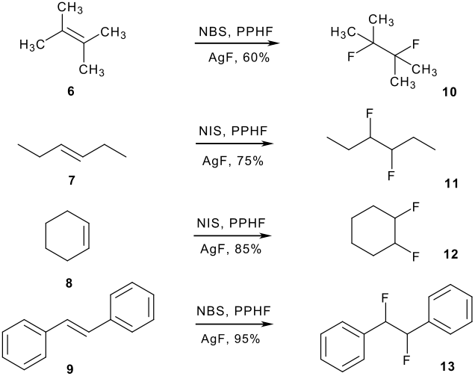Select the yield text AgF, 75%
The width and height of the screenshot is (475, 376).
[x=230, y=147]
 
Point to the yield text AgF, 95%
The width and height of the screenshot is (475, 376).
[x=230, y=339]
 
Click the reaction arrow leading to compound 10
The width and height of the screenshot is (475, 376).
[x=230, y=43]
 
